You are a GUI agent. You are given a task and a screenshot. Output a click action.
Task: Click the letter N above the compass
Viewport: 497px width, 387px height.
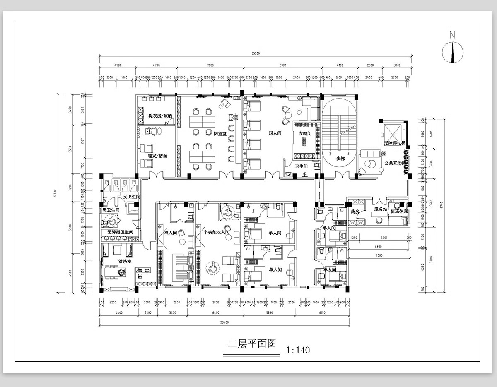click(x=452, y=35)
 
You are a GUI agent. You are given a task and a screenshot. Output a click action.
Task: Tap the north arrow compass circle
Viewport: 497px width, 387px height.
click(x=452, y=53)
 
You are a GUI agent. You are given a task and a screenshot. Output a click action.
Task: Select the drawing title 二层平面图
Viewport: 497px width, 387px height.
click(x=252, y=344)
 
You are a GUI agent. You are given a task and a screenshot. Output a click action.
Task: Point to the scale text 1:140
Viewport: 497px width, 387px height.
click(x=298, y=350)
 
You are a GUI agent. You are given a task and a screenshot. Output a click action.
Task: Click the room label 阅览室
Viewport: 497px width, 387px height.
click(x=220, y=134)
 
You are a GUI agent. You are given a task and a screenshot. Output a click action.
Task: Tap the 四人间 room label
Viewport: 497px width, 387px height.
click(x=275, y=134)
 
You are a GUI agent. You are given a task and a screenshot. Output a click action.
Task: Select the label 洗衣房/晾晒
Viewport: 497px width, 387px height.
click(x=160, y=116)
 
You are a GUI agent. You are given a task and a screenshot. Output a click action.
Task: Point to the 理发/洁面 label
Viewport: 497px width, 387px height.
click(x=158, y=156)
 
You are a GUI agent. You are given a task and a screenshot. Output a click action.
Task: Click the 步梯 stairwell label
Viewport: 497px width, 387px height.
click(x=340, y=159)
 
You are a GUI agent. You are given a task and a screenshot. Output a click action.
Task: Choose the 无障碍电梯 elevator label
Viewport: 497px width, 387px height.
click(x=394, y=143)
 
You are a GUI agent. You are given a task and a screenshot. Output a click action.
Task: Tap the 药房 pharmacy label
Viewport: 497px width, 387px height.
click(x=355, y=211)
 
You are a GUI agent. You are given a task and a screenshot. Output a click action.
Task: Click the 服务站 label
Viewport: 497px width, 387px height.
click(x=380, y=209)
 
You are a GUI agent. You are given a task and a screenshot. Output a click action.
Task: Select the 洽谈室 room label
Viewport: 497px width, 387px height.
click(x=125, y=262)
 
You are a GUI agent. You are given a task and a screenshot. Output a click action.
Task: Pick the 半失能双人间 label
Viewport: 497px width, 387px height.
click(x=216, y=233)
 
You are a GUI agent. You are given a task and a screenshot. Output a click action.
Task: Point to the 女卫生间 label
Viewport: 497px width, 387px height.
click(x=132, y=197)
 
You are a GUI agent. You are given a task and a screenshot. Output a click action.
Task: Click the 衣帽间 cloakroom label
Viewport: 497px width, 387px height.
click(x=305, y=134)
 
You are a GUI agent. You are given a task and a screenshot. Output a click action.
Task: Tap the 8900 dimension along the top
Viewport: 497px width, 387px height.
click(x=283, y=65)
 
